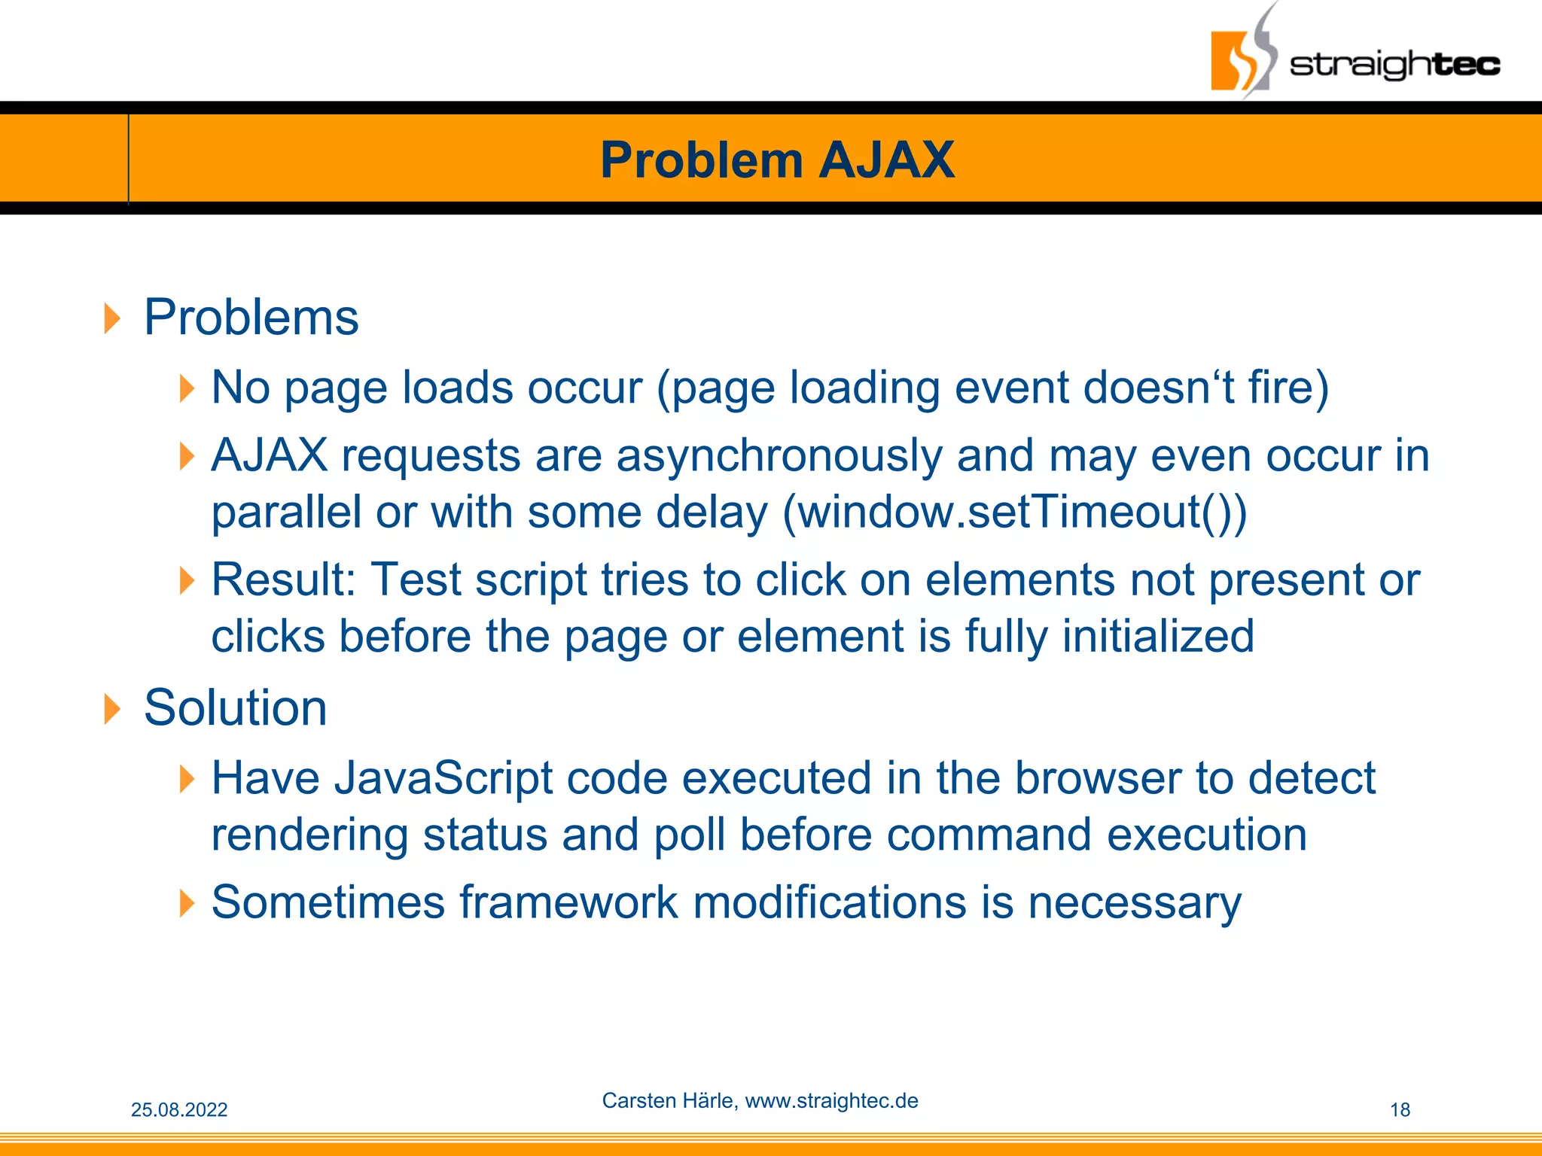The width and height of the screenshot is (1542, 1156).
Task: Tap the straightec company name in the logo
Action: click(x=1394, y=65)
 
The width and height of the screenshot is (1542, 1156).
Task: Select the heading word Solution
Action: click(x=235, y=707)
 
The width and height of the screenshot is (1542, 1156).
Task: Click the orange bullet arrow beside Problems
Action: click(x=111, y=318)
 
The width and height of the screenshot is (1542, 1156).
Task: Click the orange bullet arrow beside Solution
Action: click(x=111, y=709)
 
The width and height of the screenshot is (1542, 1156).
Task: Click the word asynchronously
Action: click(x=779, y=455)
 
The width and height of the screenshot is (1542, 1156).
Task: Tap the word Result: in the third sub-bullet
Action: click(x=283, y=580)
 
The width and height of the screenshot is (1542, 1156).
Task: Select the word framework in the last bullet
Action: click(x=568, y=902)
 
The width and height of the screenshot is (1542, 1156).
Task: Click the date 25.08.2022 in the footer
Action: click(x=179, y=1109)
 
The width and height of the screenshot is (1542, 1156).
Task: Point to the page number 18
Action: click(x=1400, y=1109)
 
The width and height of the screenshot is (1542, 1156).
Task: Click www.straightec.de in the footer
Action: click(x=831, y=1100)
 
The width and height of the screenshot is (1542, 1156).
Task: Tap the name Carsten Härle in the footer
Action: click(x=668, y=1100)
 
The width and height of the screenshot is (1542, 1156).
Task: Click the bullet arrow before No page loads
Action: click(x=187, y=389)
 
